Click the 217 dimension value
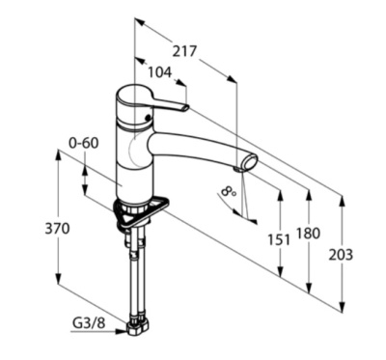pos(184,51)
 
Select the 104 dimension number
pos(160,72)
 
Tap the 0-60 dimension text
pos(84,143)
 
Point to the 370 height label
pos(57,229)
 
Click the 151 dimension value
pos(279,239)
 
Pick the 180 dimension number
pos(308,234)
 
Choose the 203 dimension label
pos(341,255)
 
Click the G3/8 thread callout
pos(89,323)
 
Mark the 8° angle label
pos(229,192)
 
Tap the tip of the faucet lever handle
pos(186,108)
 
